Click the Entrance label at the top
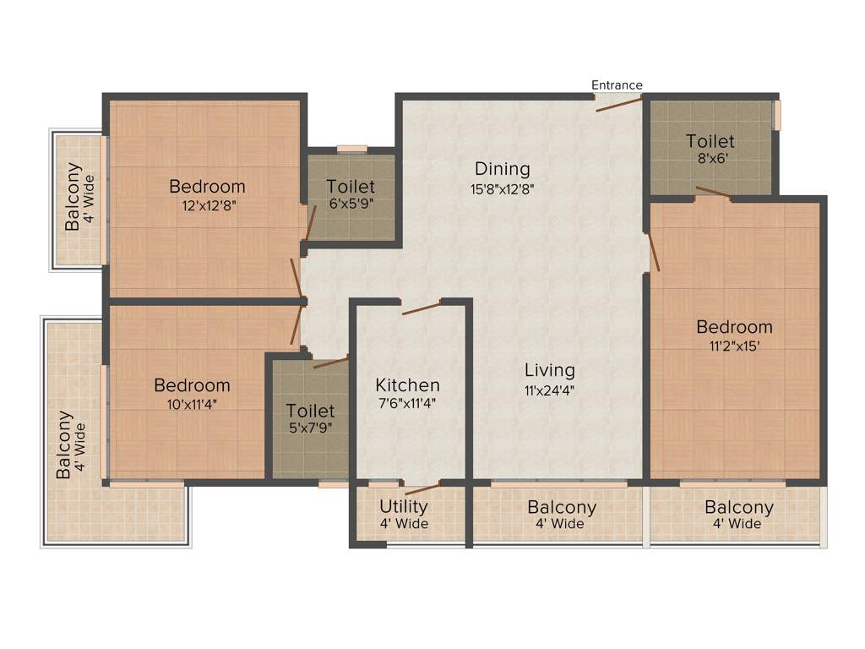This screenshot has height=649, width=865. pos(617,85)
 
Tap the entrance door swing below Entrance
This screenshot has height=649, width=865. pos(620,104)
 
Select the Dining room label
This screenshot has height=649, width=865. pos(502,168)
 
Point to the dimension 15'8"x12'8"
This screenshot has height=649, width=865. pos(503,189)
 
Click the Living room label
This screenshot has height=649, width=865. pos(549,370)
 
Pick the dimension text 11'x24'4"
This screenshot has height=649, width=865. pos(549,390)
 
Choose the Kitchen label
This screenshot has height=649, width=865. pos(407,385)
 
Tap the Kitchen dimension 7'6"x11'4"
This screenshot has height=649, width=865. pos(407,404)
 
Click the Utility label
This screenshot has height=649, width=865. pos(403,506)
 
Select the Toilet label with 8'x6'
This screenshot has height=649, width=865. pos(710,141)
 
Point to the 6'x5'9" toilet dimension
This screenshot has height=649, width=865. pos(351,205)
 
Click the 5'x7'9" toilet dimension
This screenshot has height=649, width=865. pos(310,428)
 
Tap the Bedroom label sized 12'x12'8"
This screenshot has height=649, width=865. pos(207,186)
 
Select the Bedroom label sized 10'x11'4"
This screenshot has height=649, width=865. pos(192,385)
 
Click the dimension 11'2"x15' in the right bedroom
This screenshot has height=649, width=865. pos(734,345)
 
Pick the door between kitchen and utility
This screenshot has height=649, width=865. pos(422,488)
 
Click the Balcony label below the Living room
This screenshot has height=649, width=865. pos(562,507)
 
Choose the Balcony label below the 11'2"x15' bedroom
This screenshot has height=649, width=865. pos(739,507)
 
